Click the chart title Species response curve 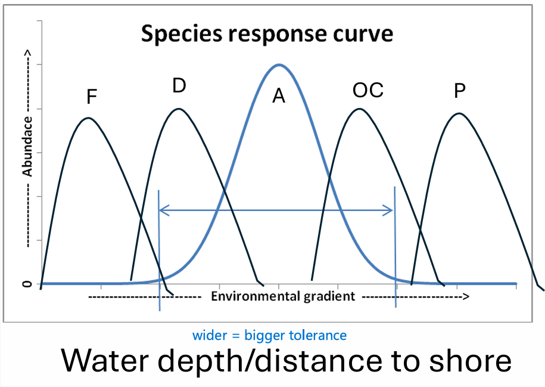[x=267, y=34]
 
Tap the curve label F [x=92, y=97]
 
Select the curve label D [x=179, y=86]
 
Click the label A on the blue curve [x=279, y=96]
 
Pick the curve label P [x=459, y=91]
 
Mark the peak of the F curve [x=88, y=117]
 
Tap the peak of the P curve [x=458, y=113]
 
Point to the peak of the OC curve [x=359, y=109]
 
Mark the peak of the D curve [x=179, y=109]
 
